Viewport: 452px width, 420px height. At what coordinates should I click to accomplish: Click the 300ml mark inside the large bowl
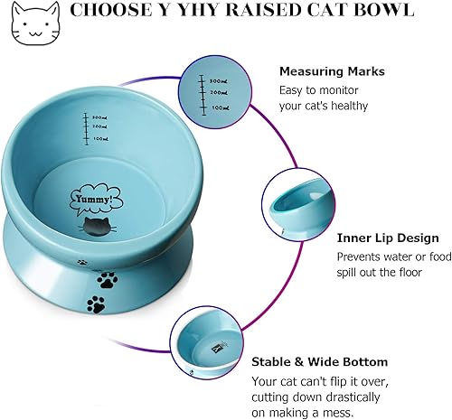[x=99, y=117]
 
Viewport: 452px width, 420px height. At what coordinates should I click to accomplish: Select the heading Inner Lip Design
[x=388, y=238]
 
